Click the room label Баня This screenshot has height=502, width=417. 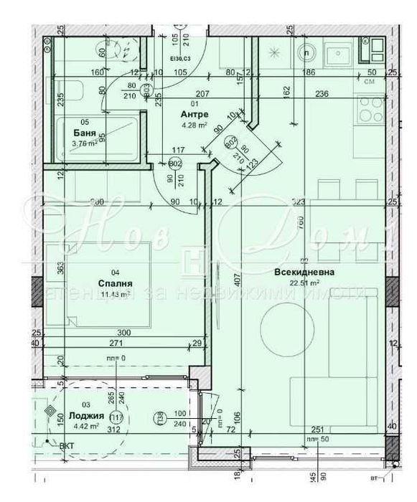coord(85,133)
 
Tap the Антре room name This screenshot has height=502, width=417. coord(194,114)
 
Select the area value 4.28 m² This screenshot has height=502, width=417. coord(194,125)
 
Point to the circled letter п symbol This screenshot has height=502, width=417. coord(307,53)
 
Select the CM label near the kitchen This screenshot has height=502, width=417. coord(371,82)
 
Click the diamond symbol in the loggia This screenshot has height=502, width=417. coord(51,411)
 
